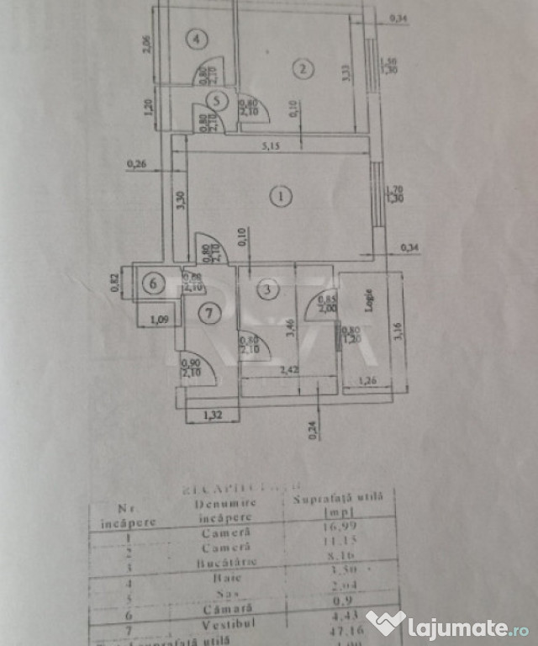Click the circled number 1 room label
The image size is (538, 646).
point(280,197)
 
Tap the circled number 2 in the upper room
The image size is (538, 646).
point(301,70)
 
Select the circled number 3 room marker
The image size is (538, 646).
point(266,291)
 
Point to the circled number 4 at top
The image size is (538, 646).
point(196,39)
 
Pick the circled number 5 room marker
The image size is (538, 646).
point(217,101)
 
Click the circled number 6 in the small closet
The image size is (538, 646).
point(152,284)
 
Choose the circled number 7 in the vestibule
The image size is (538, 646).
point(209,313)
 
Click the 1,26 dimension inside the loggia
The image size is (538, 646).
point(367,380)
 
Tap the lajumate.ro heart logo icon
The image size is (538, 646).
point(385,623)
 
